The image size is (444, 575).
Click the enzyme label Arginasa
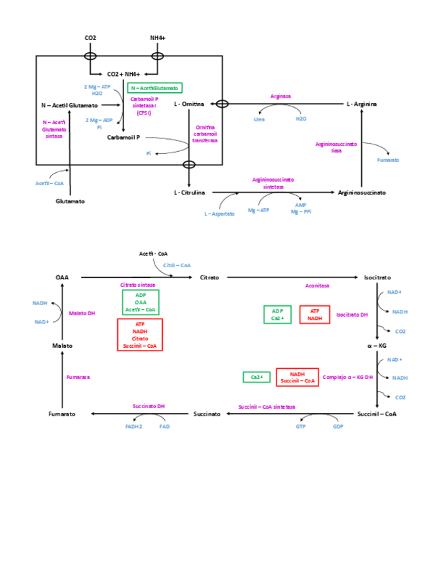point(281,96)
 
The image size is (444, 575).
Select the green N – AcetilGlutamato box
point(155,88)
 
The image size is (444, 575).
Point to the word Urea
point(260,119)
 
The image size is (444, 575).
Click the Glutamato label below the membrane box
point(70,201)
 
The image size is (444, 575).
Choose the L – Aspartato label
point(220,214)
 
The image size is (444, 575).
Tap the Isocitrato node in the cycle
point(377,277)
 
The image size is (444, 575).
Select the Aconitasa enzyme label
point(317,286)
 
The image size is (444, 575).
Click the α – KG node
point(377,346)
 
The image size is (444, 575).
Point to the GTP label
point(301,427)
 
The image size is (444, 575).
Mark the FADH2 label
point(134,427)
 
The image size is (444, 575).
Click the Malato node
point(62,346)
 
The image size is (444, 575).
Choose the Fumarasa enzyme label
point(78,377)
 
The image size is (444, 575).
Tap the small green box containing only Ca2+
point(257,377)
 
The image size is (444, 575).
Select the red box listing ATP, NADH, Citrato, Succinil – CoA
point(140,335)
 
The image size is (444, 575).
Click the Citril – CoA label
point(177,266)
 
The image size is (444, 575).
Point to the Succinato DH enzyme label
point(148,406)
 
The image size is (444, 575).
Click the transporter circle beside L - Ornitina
point(222,104)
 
